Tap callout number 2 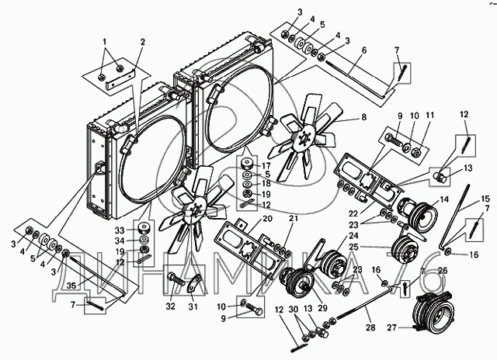click(142, 43)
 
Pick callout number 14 click(443, 200)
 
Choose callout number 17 click(265, 165)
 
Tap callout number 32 click(169, 306)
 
